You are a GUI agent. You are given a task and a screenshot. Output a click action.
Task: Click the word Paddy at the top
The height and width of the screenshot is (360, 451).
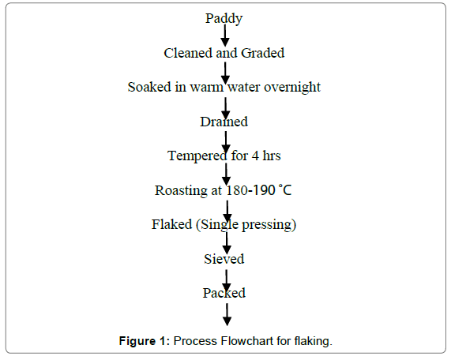pos(224,19)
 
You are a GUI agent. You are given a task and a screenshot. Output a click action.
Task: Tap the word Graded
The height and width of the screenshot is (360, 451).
pos(262,53)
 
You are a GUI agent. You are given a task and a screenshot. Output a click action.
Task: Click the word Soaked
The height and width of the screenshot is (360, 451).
pos(149,87)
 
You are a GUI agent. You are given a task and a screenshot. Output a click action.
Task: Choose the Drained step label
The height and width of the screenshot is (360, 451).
pos(224,122)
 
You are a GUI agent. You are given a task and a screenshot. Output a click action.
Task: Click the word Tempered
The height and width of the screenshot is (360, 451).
pos(197,156)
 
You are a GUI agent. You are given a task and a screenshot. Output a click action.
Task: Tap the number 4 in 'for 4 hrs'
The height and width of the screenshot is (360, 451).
pos(255,156)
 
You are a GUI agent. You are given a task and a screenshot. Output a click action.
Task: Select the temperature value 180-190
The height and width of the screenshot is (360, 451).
pos(250,190)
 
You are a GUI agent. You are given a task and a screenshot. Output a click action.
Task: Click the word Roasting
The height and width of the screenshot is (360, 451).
pos(181,191)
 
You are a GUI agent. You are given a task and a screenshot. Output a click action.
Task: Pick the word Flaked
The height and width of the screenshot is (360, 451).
pos(171,224)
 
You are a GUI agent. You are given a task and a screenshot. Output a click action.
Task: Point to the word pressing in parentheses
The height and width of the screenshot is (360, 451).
pos(269,225)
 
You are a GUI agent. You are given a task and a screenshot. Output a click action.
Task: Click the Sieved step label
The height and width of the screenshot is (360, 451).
pos(224,259)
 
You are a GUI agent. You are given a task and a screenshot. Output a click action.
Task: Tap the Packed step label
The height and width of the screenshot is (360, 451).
pos(224,293)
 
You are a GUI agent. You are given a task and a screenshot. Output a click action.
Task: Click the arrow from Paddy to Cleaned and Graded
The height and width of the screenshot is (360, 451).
pos(225,36)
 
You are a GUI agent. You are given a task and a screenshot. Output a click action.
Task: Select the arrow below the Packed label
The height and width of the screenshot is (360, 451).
pos(227,314)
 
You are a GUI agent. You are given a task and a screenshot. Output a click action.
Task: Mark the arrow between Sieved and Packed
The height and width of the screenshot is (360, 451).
pos(227,281)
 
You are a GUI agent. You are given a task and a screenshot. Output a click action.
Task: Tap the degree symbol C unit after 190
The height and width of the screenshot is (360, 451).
pos(285,190)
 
